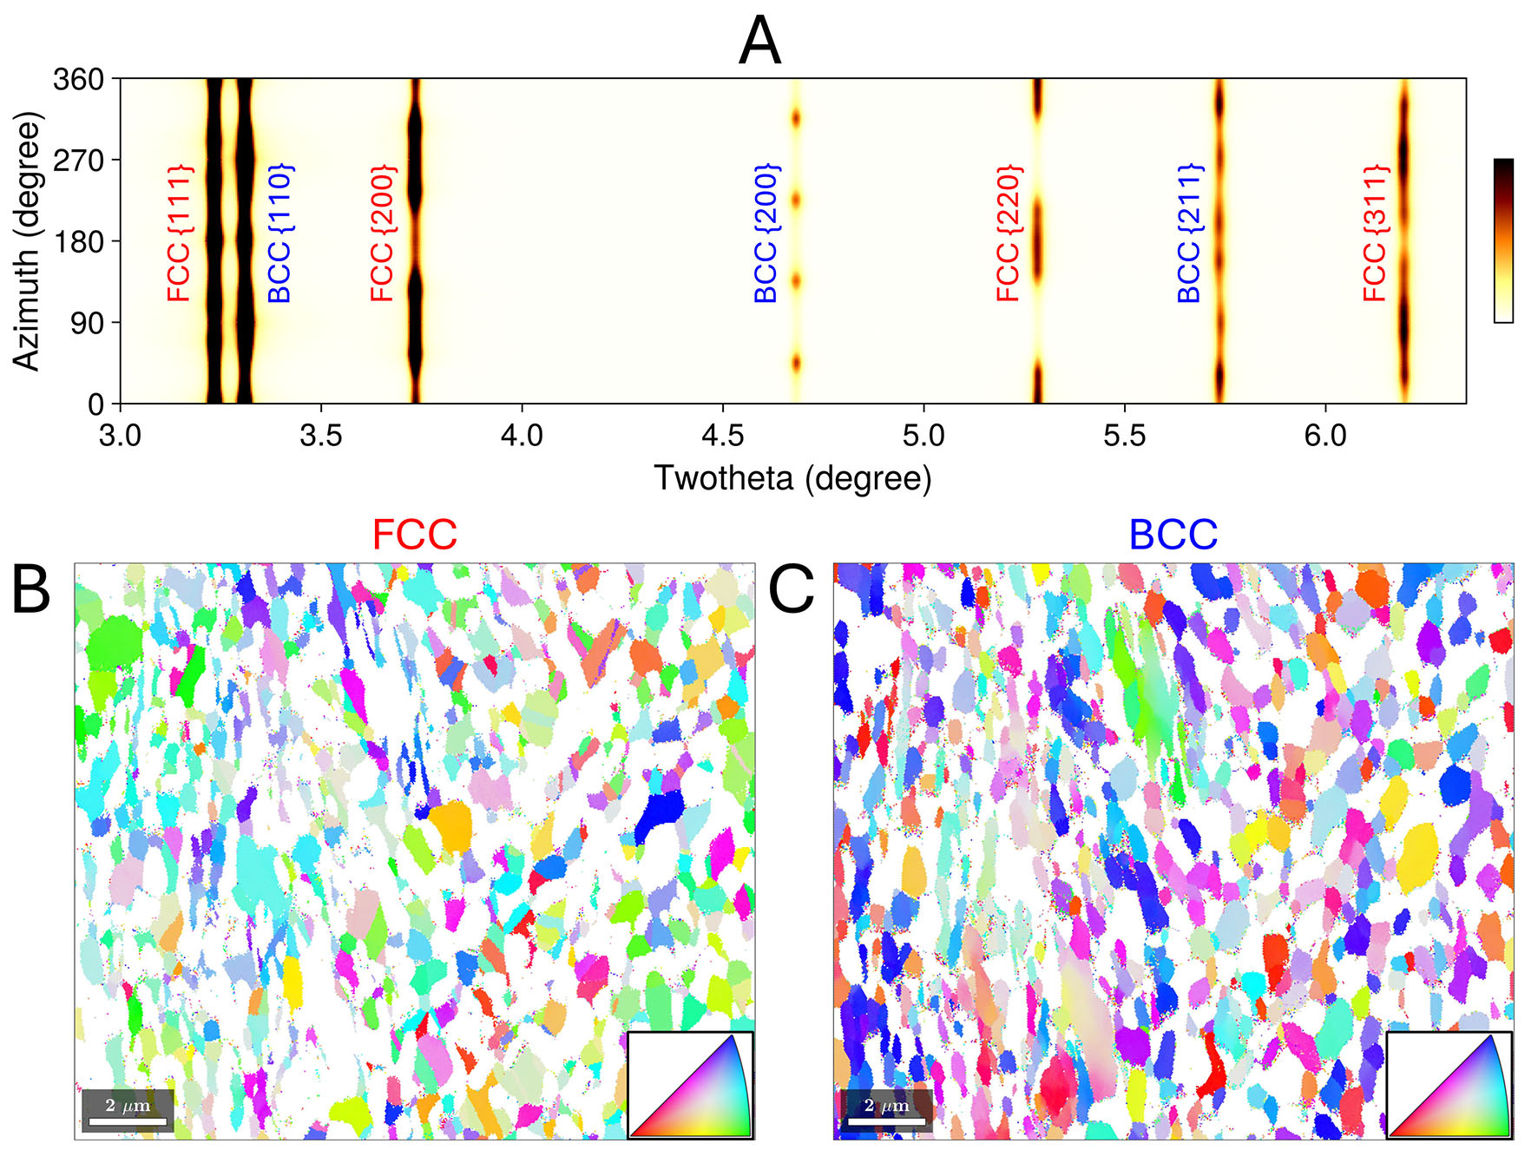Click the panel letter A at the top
[x=759, y=42]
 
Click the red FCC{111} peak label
[x=180, y=233]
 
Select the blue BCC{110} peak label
[x=279, y=233]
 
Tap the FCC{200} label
[x=383, y=233]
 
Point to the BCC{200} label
[x=766, y=233]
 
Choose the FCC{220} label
[x=1009, y=233]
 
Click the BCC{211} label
[x=1190, y=233]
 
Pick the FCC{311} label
[x=1376, y=233]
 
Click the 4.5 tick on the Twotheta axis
[x=723, y=434]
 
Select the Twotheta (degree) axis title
[x=792, y=478]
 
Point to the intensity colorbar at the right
[x=1503, y=240]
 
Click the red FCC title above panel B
[x=414, y=535]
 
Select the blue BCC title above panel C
[x=1173, y=535]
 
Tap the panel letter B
[x=31, y=590]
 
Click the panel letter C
[x=791, y=590]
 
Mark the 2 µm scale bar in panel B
[x=128, y=1112]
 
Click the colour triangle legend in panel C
[x=1449, y=1084]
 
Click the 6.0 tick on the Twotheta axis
[x=1325, y=434]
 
